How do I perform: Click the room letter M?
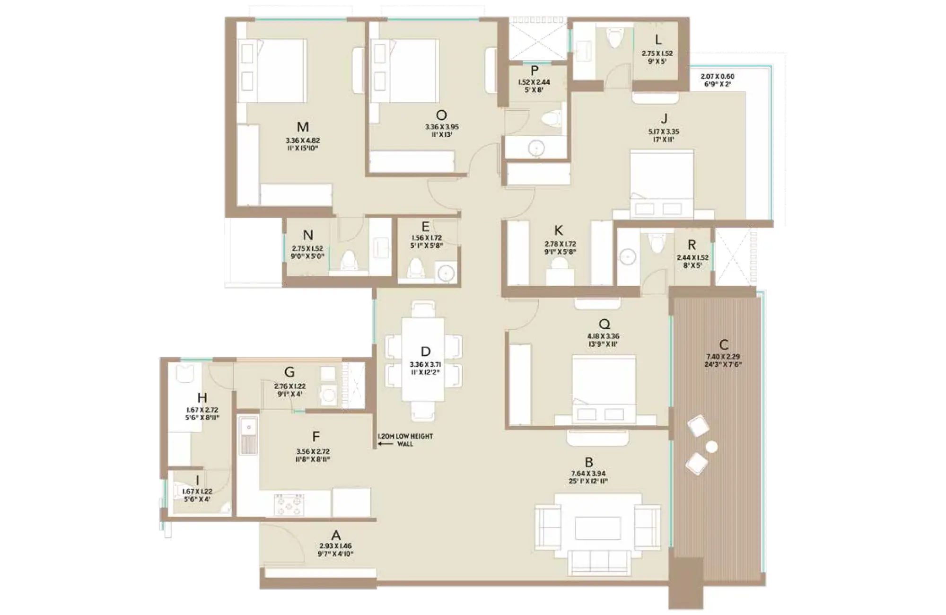tap(303, 127)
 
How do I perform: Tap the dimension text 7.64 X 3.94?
tap(588, 474)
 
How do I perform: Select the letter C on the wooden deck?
tap(723, 344)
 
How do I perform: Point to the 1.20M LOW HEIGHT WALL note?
tap(405, 440)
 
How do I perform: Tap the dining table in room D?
tap(423, 360)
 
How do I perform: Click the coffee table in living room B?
tap(598, 528)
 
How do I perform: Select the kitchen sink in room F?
tap(248, 436)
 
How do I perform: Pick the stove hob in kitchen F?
tap(289, 504)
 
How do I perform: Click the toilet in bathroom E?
tap(416, 268)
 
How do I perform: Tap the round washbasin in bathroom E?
tap(446, 273)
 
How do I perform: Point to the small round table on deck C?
tap(711, 447)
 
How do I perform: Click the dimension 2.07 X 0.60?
tap(718, 76)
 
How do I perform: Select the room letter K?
tap(559, 230)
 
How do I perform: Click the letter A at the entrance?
tap(336, 535)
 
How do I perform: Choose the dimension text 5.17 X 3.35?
tap(664, 132)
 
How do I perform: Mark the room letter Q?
tap(604, 324)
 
